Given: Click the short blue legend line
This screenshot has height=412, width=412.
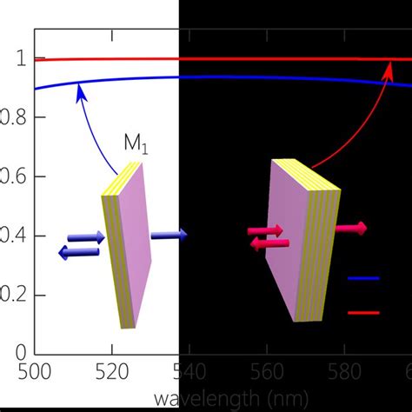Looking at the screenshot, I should [363, 279].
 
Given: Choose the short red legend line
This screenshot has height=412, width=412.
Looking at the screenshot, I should [363, 311].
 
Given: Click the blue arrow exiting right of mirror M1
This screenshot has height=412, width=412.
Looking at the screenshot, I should [168, 235].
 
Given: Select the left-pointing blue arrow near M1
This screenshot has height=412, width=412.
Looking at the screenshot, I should [79, 252].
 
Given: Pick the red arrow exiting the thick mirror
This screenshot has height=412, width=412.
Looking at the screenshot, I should [349, 228].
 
